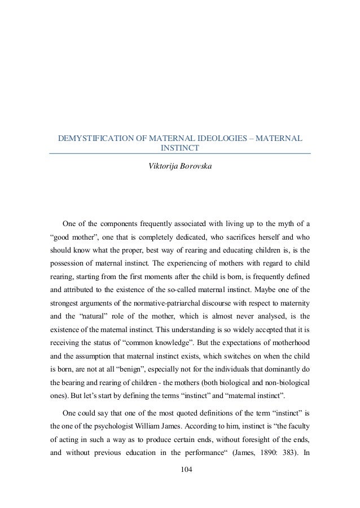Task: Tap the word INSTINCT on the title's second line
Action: pyautogui.click(x=180, y=148)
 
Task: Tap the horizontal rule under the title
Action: pyautogui.click(x=180, y=154)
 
